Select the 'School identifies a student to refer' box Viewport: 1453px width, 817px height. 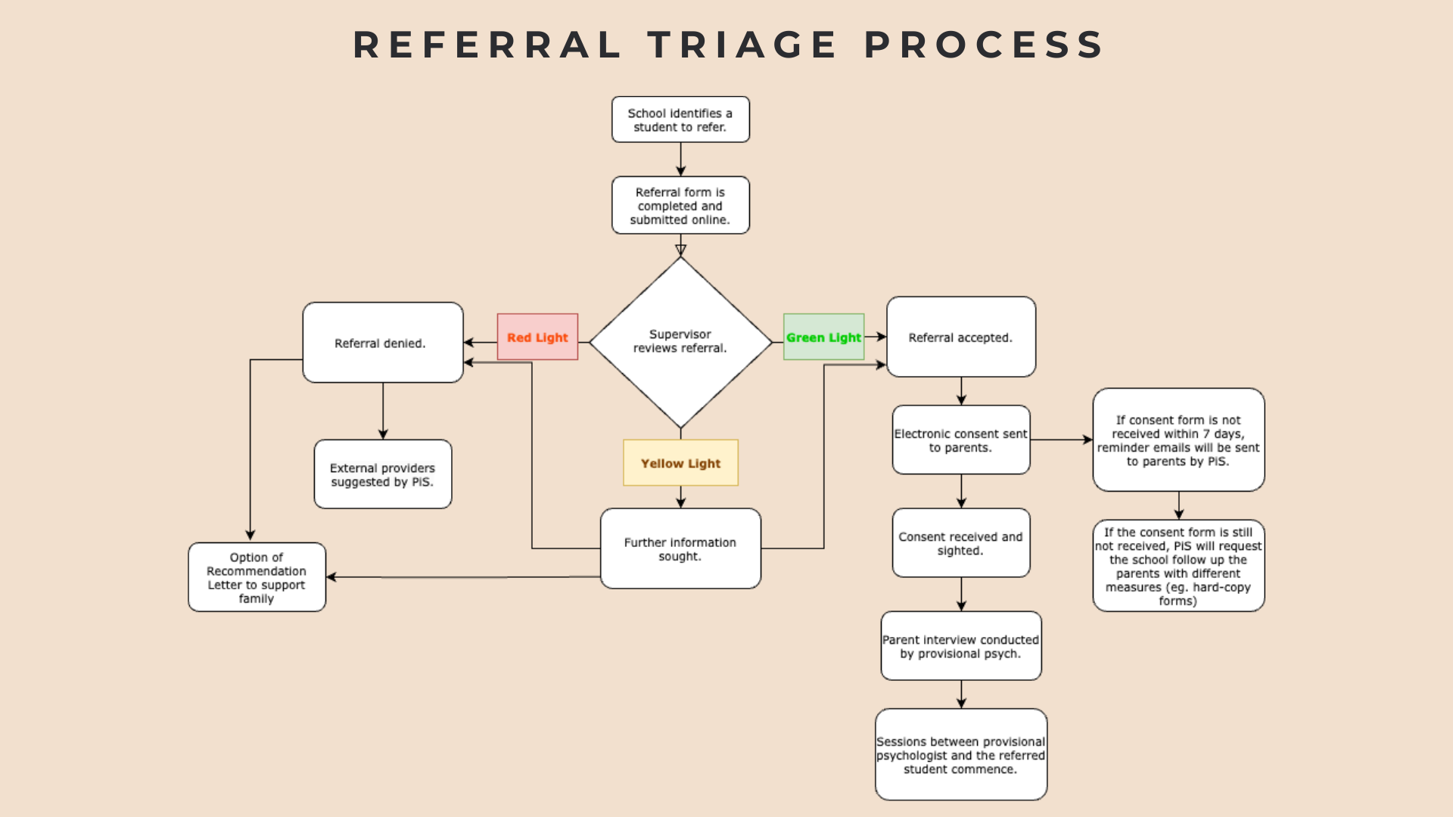[680, 120]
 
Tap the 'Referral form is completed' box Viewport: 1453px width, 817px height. [680, 206]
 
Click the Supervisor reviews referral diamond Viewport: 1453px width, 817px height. [680, 342]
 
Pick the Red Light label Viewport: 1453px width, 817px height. [537, 337]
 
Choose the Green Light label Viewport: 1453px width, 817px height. [823, 337]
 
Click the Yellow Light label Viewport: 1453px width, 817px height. [680, 463]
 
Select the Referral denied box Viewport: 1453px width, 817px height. [382, 343]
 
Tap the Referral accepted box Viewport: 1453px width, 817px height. [960, 337]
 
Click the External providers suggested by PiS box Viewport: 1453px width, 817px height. [382, 474]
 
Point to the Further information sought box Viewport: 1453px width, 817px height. [680, 548]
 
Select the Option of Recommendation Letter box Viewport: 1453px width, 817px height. [257, 577]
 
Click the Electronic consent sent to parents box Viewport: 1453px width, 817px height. [960, 440]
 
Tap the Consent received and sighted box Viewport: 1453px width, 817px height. [960, 543]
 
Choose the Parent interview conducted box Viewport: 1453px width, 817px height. [960, 646]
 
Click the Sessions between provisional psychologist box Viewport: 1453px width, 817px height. [960, 755]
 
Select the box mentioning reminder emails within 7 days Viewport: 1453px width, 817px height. [1178, 440]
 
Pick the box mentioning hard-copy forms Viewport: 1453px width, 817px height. [1178, 566]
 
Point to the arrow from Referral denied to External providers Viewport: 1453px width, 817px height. [383, 411]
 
